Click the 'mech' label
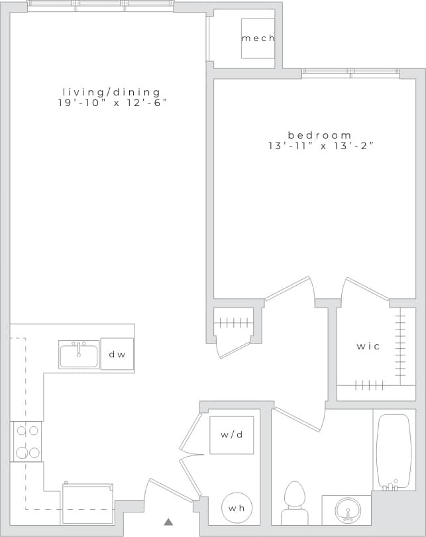258,38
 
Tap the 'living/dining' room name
111,92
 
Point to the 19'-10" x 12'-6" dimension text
111,103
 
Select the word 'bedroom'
320,135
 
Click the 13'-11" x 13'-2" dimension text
321,147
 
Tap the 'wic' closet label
368,346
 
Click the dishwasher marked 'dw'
117,354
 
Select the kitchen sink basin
79,355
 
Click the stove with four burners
27,442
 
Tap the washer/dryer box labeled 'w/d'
231,435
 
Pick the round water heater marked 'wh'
237,508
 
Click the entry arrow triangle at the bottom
168,522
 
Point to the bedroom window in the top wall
351,73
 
